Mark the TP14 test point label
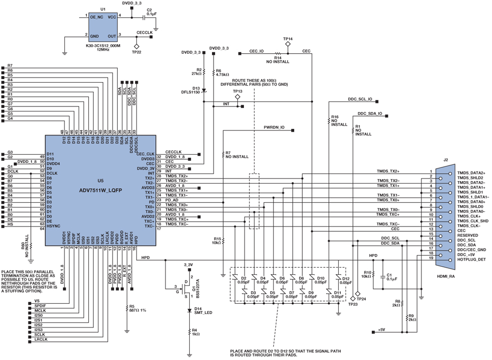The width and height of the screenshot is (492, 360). [x=288, y=39]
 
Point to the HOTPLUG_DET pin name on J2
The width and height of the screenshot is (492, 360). [x=471, y=260]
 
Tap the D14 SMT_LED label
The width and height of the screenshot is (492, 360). [x=202, y=310]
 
